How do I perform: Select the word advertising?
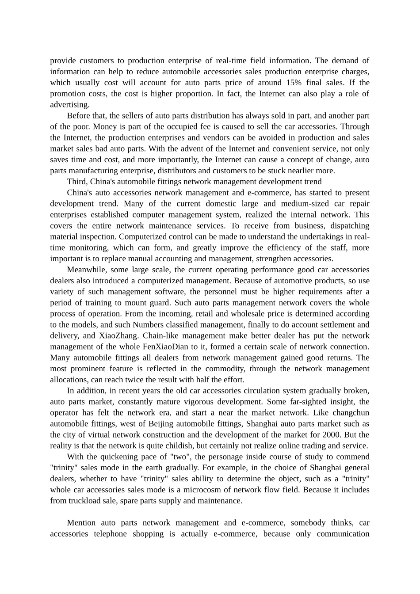(x=69, y=105)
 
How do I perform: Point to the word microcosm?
(x=200, y=490)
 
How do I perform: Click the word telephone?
(x=110, y=534)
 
